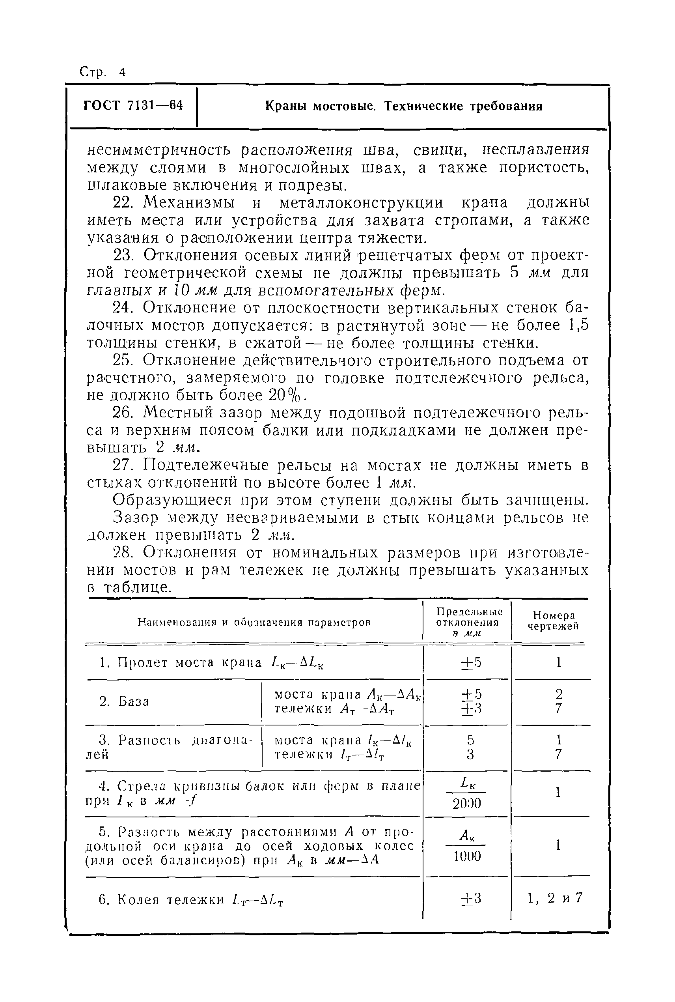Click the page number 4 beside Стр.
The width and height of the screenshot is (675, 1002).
[x=123, y=72]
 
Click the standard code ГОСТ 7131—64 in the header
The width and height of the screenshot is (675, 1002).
[x=133, y=105]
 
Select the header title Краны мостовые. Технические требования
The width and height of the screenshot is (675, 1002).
[x=403, y=106]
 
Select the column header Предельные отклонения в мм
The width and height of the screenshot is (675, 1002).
[x=469, y=622]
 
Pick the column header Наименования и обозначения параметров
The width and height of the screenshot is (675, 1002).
[x=254, y=622]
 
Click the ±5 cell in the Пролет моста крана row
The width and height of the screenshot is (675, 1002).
[x=471, y=662]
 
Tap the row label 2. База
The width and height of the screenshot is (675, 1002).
[x=125, y=701]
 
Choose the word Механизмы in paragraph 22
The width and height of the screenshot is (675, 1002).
[x=189, y=203]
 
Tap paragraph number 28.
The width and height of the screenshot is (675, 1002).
[x=125, y=552]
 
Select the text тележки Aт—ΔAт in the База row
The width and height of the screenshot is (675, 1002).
[x=334, y=709]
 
